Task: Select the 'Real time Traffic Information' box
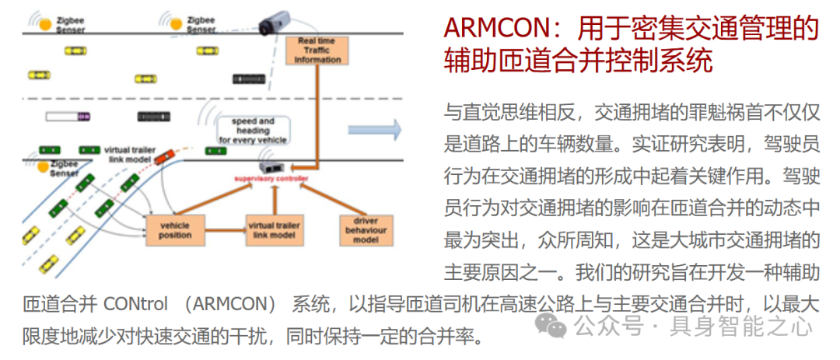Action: (318, 50)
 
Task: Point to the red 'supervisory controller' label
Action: (272, 179)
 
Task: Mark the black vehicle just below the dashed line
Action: (153, 117)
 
